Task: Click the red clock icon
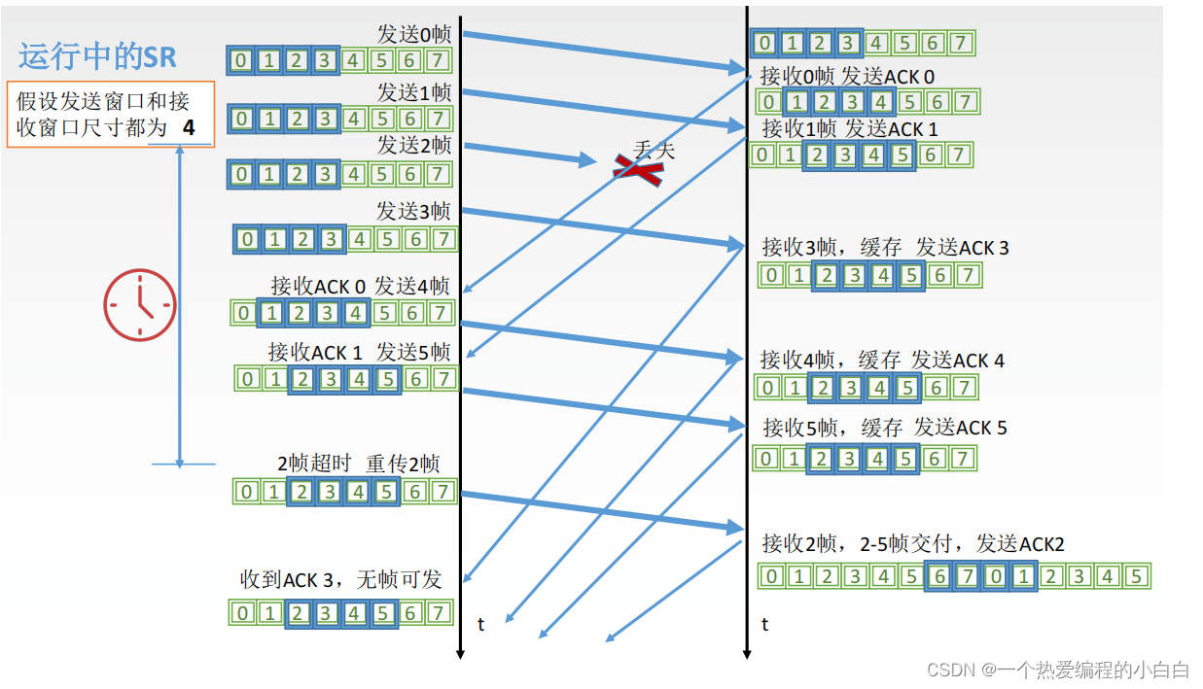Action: [x=140, y=306]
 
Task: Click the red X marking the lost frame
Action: [x=638, y=171]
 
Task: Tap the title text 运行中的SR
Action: [x=97, y=56]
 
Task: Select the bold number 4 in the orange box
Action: [x=188, y=127]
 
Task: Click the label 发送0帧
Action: [x=413, y=35]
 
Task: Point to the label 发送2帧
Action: [x=413, y=146]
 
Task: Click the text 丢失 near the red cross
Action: [x=654, y=149]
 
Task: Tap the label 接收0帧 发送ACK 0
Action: [x=847, y=76]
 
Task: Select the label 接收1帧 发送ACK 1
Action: [x=850, y=128]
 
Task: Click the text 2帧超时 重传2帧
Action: [x=358, y=464]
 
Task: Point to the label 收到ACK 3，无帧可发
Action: [x=340, y=580]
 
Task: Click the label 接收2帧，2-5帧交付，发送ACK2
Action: [x=912, y=543]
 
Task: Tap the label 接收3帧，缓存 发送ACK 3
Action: [x=885, y=248]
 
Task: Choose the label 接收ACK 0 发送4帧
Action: [x=360, y=286]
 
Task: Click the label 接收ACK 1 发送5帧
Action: [x=359, y=352]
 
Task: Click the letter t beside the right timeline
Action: [x=765, y=624]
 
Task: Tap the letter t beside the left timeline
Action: [x=480, y=624]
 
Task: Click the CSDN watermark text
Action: [x=1058, y=669]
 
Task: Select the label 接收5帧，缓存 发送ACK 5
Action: [x=884, y=428]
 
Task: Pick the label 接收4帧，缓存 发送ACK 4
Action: [x=882, y=361]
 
